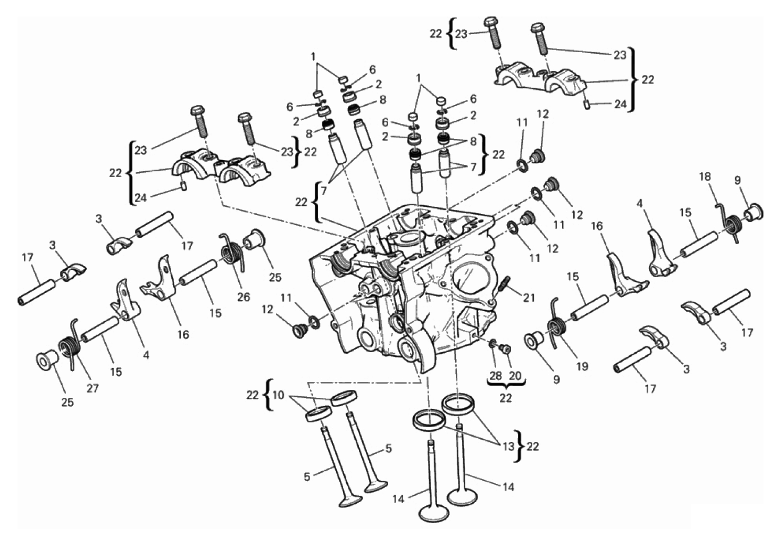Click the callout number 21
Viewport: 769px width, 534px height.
point(529,297)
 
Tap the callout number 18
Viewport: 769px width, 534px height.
point(705,177)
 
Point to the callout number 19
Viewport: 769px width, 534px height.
point(582,366)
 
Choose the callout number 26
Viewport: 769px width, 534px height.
point(244,297)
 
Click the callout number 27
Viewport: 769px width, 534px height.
point(93,388)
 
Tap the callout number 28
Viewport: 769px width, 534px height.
point(496,376)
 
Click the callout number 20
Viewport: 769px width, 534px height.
point(515,376)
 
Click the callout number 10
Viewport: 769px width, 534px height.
point(279,395)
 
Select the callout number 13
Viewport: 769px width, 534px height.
point(508,446)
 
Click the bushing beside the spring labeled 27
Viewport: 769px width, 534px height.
point(47,360)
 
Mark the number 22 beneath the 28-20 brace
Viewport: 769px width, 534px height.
point(506,398)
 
